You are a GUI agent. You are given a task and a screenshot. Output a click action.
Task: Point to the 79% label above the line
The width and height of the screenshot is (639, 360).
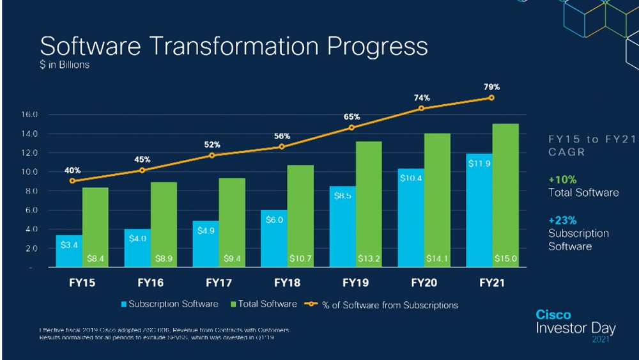pos(491,86)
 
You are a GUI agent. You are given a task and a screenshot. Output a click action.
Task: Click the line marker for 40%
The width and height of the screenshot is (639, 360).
pos(72,181)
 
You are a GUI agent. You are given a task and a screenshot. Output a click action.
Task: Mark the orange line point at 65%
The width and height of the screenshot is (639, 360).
pos(352,128)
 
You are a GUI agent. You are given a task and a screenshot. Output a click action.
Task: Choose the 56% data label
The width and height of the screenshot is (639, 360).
pos(282,136)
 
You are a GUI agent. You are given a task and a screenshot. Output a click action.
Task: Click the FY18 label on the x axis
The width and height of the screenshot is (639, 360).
pos(287,282)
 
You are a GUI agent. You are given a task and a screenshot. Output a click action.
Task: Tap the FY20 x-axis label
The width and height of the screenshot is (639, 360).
pos(424,282)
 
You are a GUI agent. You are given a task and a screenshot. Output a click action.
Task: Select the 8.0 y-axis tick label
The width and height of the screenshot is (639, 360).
pos(31,191)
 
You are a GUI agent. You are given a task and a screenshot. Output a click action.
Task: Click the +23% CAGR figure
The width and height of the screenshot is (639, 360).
pos(562,221)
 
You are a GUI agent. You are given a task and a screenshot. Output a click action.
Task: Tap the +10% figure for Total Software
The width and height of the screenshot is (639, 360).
pos(562,180)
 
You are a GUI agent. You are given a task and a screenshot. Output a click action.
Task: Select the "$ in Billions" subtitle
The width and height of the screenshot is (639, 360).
pos(65,65)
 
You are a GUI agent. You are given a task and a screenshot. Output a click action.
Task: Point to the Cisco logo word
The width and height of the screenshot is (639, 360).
pos(553,315)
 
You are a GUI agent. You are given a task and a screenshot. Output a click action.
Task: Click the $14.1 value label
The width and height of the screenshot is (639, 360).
pos(438,259)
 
